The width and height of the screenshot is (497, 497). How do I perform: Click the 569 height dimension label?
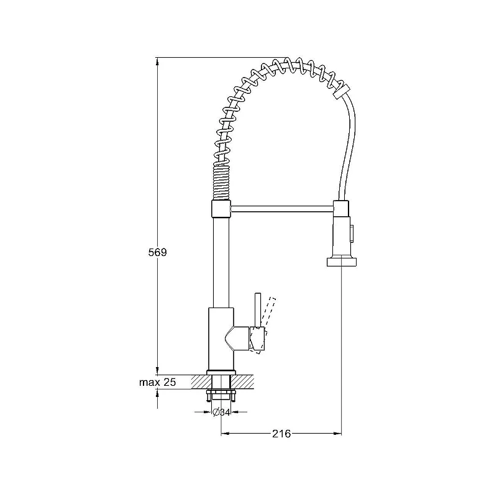pos(157,252)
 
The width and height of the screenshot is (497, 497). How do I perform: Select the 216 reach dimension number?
pos(281,433)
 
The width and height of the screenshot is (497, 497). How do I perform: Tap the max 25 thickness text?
pos(157,382)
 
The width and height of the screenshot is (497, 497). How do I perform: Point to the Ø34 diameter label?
pos(221,412)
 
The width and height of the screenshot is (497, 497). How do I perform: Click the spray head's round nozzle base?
pos(341,262)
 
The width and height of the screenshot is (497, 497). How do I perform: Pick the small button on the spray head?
pos(351,234)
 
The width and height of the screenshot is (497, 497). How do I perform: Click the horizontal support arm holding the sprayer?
pos(282,208)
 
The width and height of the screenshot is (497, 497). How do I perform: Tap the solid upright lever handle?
pos(258,309)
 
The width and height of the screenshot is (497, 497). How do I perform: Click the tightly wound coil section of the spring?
pos(221,183)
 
